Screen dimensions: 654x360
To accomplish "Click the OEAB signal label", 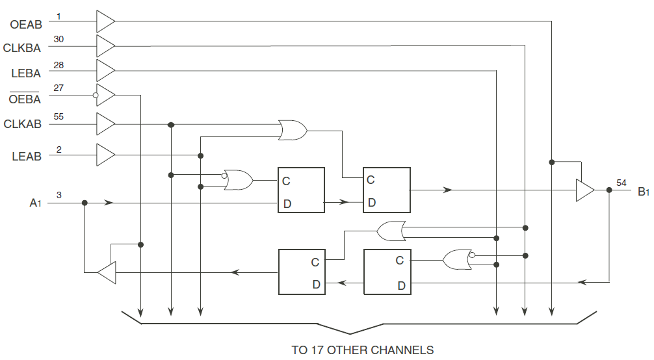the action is click(x=26, y=25).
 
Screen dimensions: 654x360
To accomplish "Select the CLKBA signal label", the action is click(x=22, y=48).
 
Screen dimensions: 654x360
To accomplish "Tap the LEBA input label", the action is click(x=26, y=73).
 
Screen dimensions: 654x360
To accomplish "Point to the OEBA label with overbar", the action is click(x=25, y=98).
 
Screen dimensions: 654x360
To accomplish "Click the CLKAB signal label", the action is click(x=23, y=124).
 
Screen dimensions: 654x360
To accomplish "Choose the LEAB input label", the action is click(x=27, y=157).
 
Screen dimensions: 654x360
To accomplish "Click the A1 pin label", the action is click(x=36, y=203).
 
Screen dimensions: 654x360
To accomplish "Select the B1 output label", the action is click(x=644, y=192).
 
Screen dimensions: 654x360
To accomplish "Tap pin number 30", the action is click(x=59, y=39).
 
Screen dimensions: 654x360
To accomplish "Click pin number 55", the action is click(x=59, y=117).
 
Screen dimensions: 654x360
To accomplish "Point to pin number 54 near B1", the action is click(x=621, y=183).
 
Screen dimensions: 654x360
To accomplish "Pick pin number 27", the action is click(x=59, y=88).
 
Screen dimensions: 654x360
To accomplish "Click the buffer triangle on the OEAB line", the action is click(x=105, y=21).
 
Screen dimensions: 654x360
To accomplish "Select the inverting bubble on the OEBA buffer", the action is click(x=96, y=96).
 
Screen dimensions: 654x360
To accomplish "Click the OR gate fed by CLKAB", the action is click(x=293, y=130).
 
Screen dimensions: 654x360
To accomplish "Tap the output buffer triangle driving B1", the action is click(x=584, y=190).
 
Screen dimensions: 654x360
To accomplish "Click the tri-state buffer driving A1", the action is click(x=107, y=273).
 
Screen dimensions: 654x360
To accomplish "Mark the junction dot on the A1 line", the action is click(x=85, y=203).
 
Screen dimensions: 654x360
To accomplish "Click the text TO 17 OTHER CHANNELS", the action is click(x=363, y=350).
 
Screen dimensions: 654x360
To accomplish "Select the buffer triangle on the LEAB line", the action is click(x=105, y=155).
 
